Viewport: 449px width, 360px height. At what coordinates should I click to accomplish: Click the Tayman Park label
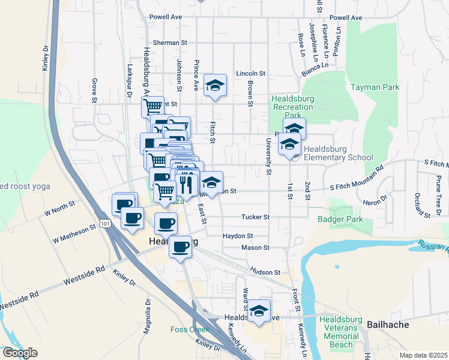pyautogui.click(x=375, y=87)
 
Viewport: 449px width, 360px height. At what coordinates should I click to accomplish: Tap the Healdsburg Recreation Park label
pyautogui.click(x=292, y=107)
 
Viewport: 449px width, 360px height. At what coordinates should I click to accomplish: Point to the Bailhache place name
pyautogui.click(x=384, y=325)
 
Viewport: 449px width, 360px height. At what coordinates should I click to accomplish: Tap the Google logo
pyautogui.click(x=20, y=353)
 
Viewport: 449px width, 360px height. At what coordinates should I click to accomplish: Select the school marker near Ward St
pyautogui.click(x=259, y=311)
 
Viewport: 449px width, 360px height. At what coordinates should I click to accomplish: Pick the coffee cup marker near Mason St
pyautogui.click(x=179, y=246)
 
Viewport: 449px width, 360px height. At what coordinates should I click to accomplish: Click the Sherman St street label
pyautogui.click(x=170, y=43)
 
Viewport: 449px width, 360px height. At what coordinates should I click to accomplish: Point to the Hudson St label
pyautogui.click(x=265, y=272)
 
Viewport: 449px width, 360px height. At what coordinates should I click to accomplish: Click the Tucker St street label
pyautogui.click(x=255, y=217)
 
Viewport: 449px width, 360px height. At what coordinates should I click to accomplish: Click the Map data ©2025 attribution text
pyautogui.click(x=423, y=355)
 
